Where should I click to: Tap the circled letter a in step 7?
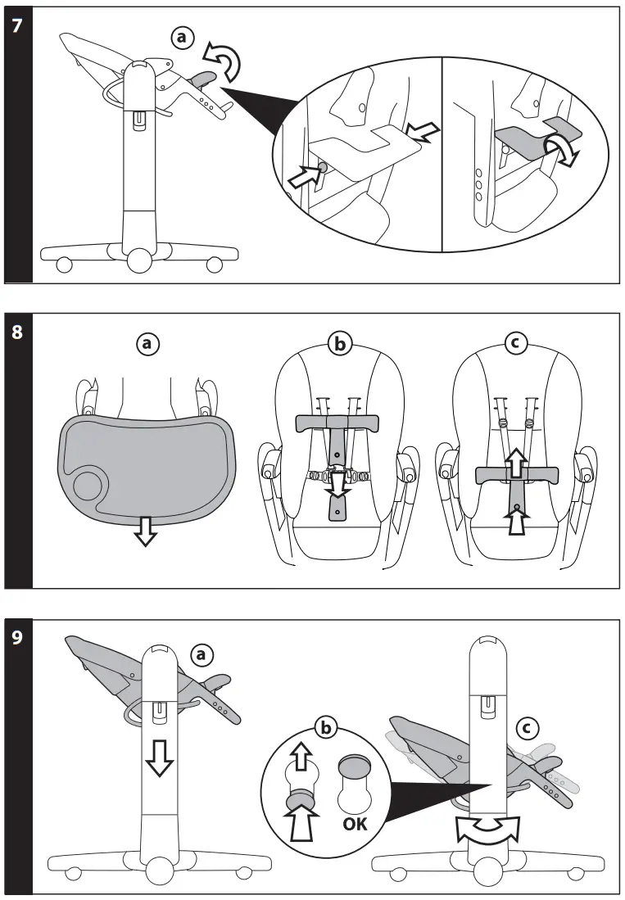(184, 37)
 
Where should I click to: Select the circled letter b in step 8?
(337, 345)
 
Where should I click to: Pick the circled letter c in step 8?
(514, 345)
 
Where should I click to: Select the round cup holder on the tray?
(88, 485)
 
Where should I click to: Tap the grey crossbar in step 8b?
(337, 423)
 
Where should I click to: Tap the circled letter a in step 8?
(147, 345)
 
